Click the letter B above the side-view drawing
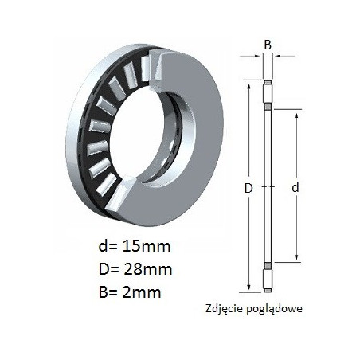point(268,45)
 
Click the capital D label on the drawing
point(248,188)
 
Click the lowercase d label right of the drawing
point(295,187)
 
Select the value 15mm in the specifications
point(146,246)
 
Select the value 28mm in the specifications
point(148,269)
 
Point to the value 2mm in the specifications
point(142,292)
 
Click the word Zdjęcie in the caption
point(224,309)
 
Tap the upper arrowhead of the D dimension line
point(248,88)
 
